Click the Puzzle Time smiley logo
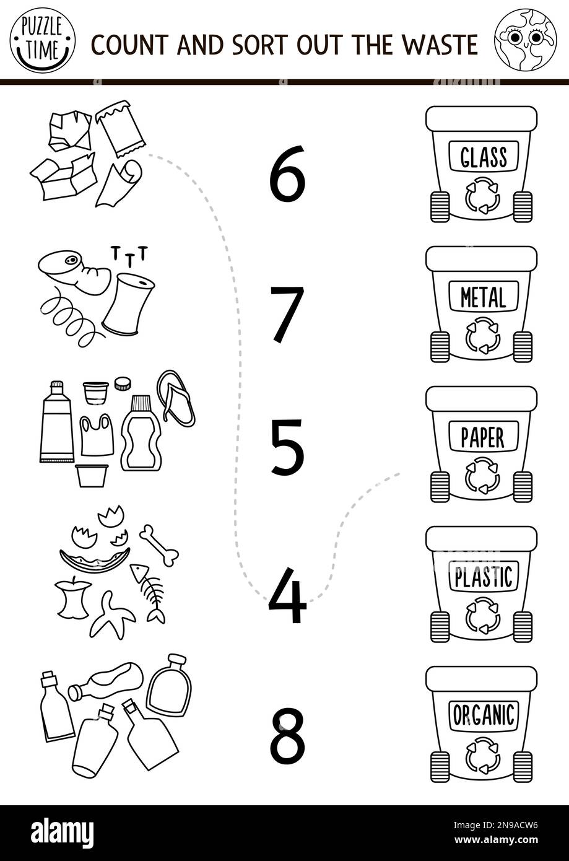point(42,40)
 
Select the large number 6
point(287,174)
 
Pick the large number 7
point(287,314)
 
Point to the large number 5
point(287,448)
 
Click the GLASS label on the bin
point(483,157)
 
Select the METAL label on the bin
point(483,297)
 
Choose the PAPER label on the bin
point(483,437)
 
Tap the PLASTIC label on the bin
point(483,577)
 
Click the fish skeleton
point(149,591)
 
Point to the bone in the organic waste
point(159,545)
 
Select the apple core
point(73,598)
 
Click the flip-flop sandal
point(176,398)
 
